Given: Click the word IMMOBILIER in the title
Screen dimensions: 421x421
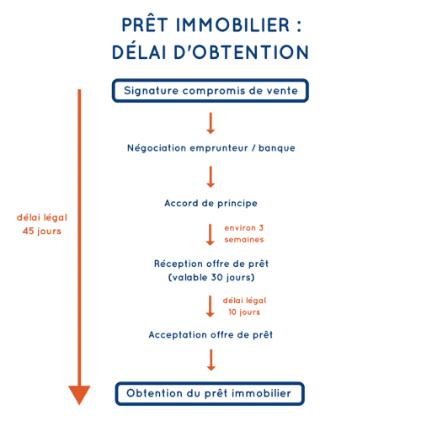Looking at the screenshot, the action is pyautogui.click(x=232, y=25).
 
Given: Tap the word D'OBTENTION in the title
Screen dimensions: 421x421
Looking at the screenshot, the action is pyautogui.click(x=241, y=52).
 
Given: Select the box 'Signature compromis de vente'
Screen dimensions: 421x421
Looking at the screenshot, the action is pyautogui.click(x=210, y=91).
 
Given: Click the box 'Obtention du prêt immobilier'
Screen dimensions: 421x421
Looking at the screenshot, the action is pyautogui.click(x=210, y=393).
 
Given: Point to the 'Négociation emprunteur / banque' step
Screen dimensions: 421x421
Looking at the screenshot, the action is pyautogui.click(x=211, y=148).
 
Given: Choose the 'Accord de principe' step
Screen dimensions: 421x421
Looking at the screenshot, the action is pyautogui.click(x=210, y=203).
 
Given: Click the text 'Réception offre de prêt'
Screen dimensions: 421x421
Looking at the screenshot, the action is pyautogui.click(x=211, y=264).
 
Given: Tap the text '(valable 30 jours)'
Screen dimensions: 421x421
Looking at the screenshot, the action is pyautogui.click(x=211, y=277).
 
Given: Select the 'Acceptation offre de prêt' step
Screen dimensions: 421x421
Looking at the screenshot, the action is pyautogui.click(x=210, y=334).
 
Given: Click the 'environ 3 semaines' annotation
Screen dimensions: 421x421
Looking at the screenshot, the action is pyautogui.click(x=244, y=233).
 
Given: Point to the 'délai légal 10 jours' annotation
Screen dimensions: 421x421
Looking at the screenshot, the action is pyautogui.click(x=244, y=306).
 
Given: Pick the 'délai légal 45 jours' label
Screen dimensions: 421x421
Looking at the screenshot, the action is pyautogui.click(x=42, y=224).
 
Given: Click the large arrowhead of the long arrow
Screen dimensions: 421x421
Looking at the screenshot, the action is pyautogui.click(x=79, y=395).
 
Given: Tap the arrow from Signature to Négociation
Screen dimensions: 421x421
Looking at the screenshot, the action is pyautogui.click(x=210, y=123).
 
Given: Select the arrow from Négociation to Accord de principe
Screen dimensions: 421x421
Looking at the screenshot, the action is pyautogui.click(x=210, y=177).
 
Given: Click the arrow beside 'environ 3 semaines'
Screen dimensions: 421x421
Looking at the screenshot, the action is pyautogui.click(x=210, y=235).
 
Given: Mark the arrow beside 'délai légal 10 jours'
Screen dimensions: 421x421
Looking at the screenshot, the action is pyautogui.click(x=210, y=306).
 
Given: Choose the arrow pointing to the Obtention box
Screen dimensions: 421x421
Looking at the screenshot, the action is pyautogui.click(x=211, y=360).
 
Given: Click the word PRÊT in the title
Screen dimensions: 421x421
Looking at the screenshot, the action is pyautogui.click(x=145, y=24).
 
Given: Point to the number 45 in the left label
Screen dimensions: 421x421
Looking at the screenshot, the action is pyautogui.click(x=28, y=231).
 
